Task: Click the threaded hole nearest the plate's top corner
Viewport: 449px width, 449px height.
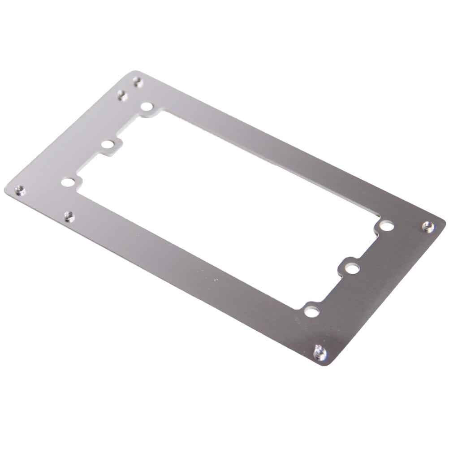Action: [138, 82]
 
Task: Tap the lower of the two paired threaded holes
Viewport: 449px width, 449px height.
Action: [122, 95]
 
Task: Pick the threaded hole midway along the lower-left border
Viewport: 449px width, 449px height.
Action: [69, 217]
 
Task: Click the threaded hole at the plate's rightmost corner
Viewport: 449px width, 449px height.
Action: [428, 226]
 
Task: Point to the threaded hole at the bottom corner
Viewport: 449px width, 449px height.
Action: [320, 353]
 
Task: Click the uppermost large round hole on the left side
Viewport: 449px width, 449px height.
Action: [147, 107]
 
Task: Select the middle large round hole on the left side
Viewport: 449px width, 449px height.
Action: [108, 144]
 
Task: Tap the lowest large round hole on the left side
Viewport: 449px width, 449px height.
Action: [68, 182]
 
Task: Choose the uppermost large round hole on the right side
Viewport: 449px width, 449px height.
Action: [387, 226]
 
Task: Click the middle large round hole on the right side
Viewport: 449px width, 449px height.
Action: [353, 269]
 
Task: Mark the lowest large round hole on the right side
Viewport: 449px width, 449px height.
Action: [311, 311]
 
